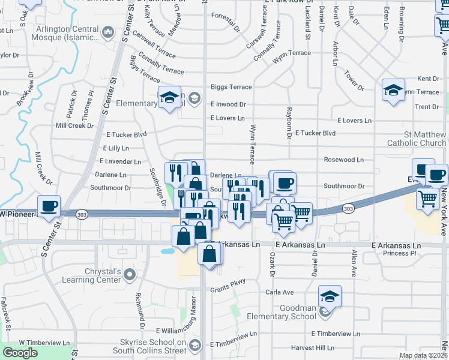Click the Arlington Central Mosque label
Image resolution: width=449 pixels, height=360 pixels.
click(65, 31)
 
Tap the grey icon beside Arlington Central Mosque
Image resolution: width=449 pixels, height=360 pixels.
click(109, 31)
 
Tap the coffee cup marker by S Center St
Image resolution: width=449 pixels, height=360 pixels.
click(50, 205)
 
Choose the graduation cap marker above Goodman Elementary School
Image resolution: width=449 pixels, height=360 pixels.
click(330, 296)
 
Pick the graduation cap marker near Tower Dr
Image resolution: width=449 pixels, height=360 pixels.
click(393, 91)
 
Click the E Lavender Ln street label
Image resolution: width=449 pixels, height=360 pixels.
click(120, 161)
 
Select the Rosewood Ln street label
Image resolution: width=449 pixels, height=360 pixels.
click(344, 160)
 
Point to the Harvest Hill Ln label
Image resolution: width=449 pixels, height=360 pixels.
click(313, 348)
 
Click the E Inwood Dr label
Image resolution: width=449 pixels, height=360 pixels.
click(228, 104)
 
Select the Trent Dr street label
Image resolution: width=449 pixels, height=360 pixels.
click(427, 107)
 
